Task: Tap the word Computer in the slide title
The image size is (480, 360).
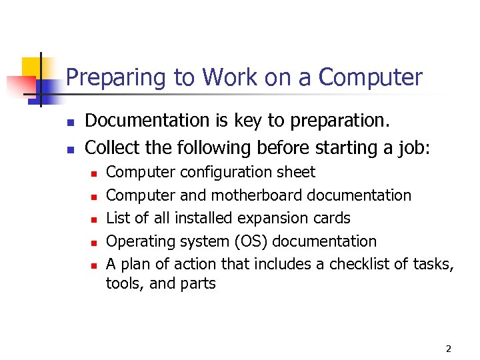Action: [x=371, y=78]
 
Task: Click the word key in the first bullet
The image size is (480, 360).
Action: [x=241, y=121]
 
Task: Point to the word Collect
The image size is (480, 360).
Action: [x=110, y=146]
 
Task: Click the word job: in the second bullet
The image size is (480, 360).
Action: [x=413, y=146]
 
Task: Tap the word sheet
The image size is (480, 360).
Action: [x=297, y=172]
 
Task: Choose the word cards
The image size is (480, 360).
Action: [x=327, y=218]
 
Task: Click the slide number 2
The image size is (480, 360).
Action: [x=448, y=349]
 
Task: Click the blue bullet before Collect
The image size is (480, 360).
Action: [x=69, y=148]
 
